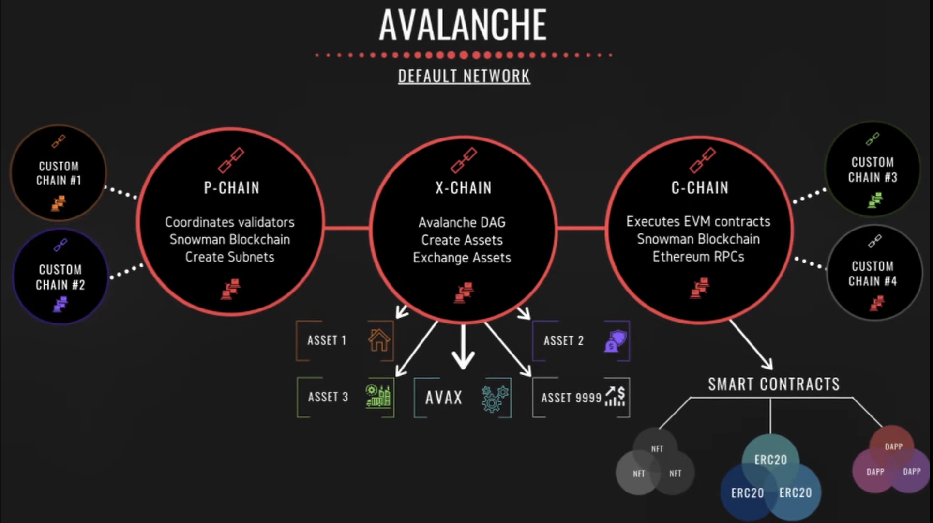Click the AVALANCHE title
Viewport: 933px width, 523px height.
(463, 25)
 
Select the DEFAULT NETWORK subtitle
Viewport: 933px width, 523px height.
(464, 76)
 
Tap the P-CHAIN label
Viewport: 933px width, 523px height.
(231, 188)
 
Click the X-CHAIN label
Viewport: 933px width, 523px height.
(463, 188)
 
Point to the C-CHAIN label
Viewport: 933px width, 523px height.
(699, 188)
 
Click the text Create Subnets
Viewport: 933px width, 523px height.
(229, 257)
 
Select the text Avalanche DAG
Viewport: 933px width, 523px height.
(462, 222)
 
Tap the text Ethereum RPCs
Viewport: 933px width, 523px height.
(698, 256)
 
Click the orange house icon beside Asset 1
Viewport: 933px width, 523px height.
(379, 340)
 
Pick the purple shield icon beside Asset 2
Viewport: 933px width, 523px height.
(616, 341)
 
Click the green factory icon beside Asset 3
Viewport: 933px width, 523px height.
(378, 396)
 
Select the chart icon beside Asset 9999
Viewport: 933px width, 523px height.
(616, 396)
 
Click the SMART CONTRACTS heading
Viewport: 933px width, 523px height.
(773, 384)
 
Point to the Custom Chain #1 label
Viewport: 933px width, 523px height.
(59, 173)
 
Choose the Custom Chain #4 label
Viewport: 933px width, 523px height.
(873, 274)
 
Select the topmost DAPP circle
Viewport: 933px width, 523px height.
(893, 446)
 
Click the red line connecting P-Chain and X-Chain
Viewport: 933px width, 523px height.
(346, 227)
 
